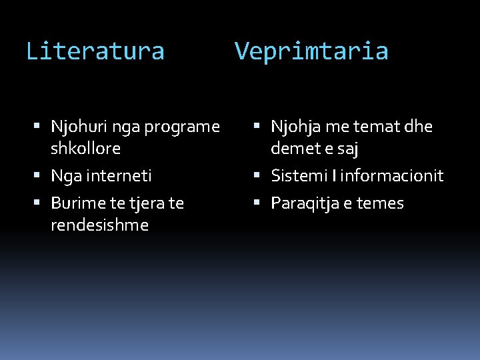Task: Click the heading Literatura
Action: [95, 51]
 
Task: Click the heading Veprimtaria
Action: [311, 51]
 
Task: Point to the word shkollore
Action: [85, 149]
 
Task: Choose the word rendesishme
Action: [99, 225]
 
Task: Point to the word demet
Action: [293, 149]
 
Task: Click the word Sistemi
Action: [297, 176]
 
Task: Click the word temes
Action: [380, 203]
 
